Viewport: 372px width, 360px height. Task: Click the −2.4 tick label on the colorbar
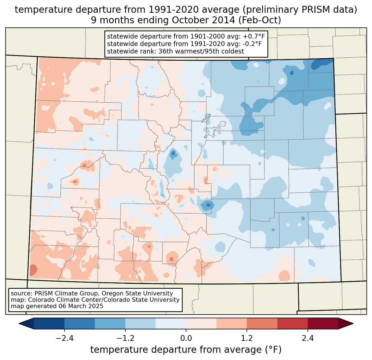[64, 338]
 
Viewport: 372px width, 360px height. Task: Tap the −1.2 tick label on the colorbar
[125, 338]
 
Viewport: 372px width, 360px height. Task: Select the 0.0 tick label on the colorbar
[186, 338]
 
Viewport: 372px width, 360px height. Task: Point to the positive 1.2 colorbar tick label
[247, 338]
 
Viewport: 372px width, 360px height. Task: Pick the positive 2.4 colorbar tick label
[308, 338]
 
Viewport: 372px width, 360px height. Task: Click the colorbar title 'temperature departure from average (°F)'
[186, 350]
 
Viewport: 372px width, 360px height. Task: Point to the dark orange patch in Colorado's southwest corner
[33, 270]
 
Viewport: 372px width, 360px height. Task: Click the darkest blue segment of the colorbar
[49, 323]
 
